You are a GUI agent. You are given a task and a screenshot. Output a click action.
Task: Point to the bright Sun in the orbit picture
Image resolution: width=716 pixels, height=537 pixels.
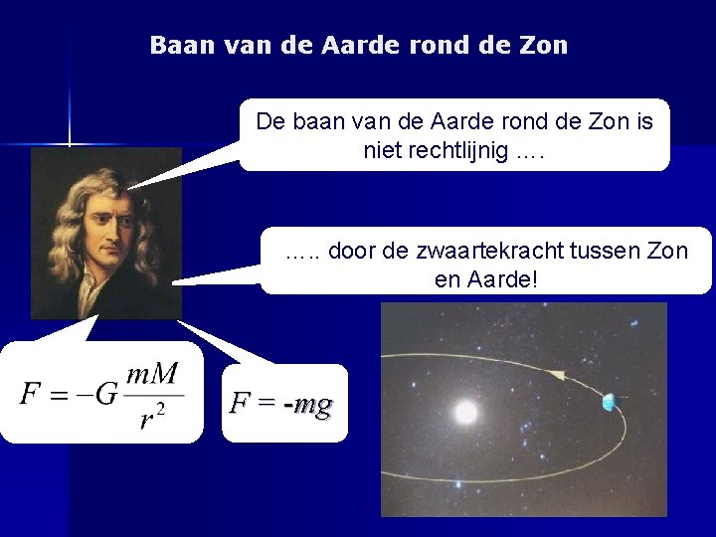coord(464,411)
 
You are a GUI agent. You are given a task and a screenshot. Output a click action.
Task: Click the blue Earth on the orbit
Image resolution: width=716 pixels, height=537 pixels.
coord(609,402)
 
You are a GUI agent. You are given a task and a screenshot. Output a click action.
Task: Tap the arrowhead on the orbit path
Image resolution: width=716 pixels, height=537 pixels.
coord(554,375)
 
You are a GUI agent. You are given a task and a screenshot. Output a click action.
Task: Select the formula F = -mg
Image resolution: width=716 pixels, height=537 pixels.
coord(280,404)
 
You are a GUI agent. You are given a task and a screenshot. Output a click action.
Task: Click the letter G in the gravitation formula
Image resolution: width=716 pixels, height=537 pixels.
coord(107,394)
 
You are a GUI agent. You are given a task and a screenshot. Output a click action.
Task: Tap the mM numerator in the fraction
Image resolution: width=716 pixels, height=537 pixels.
coord(152,375)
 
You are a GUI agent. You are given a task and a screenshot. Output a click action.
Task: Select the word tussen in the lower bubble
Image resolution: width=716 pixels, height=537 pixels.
coord(615,251)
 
